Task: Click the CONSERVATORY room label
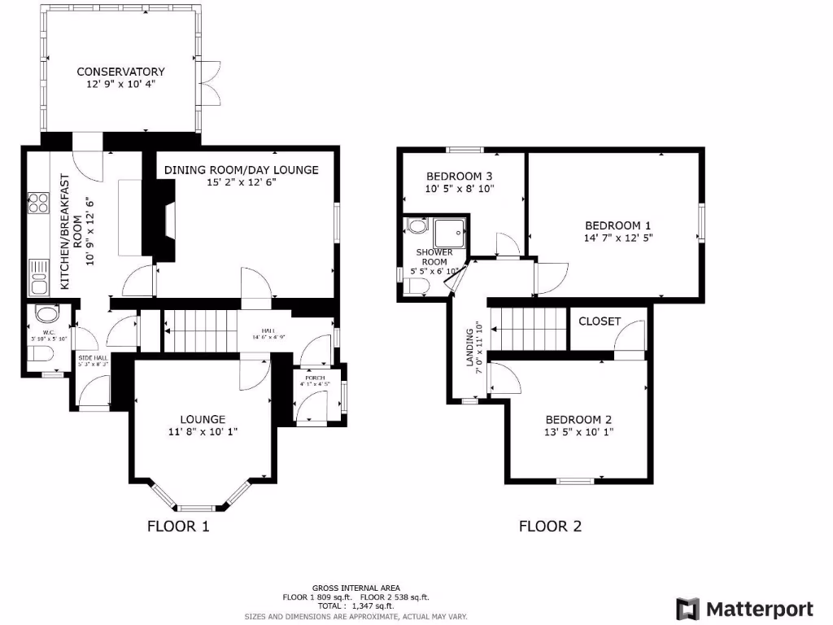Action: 120,72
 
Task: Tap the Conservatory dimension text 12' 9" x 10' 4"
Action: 120,84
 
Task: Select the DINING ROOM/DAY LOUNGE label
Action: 241,170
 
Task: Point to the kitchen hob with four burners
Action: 37,203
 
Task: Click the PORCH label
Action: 316,378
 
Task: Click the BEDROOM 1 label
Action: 618,225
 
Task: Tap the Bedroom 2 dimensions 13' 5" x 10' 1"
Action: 579,432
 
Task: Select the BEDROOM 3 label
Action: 460,176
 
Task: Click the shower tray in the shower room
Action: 451,231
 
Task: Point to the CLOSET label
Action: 600,321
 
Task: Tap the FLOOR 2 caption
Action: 550,527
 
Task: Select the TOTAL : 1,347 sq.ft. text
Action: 356,606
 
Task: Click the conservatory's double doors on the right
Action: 210,82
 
